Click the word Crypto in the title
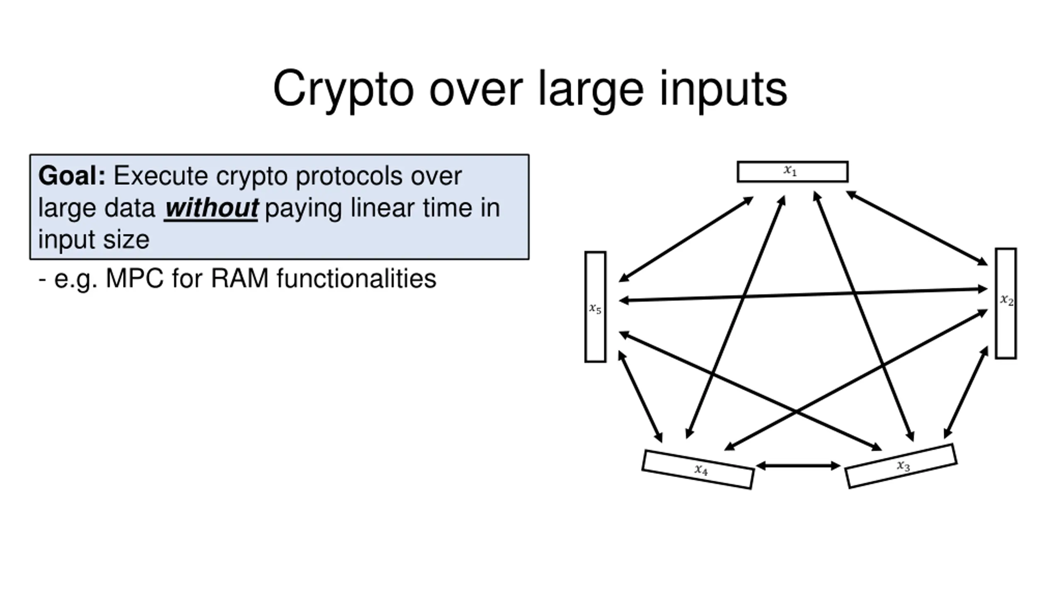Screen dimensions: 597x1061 click(343, 89)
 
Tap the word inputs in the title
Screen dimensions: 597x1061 click(723, 89)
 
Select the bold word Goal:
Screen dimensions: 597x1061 click(72, 176)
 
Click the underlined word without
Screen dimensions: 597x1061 click(211, 208)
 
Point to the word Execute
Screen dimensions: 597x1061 click(160, 176)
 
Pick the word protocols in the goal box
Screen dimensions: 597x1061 click(349, 176)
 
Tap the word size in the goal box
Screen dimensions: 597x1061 click(126, 240)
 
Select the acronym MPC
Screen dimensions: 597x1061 click(134, 278)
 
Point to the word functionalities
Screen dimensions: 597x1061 click(356, 278)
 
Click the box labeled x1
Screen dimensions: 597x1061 click(792, 172)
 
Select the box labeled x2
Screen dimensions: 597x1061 click(1006, 303)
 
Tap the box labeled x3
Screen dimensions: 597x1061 click(901, 466)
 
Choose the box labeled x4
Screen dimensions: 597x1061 click(698, 469)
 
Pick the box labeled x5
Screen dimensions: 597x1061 click(595, 307)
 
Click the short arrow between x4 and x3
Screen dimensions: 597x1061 click(798, 466)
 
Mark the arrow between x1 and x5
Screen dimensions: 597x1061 click(686, 240)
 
